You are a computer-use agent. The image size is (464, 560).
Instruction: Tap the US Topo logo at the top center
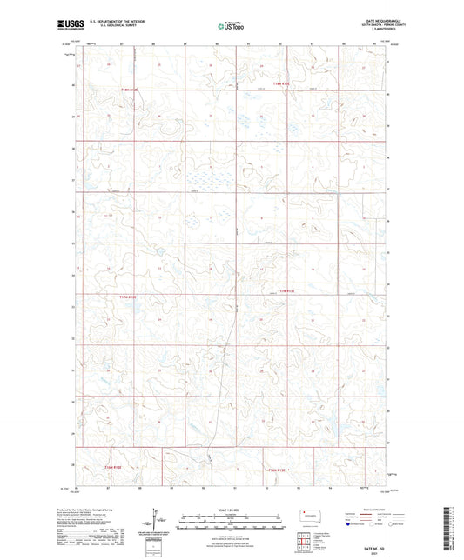pyautogui.click(x=232, y=26)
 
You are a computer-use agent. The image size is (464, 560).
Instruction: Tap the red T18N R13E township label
pyautogui.click(x=284, y=84)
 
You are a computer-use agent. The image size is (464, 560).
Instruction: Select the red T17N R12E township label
pyautogui.click(x=127, y=297)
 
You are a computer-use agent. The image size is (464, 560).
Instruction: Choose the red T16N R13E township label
pyautogui.click(x=275, y=470)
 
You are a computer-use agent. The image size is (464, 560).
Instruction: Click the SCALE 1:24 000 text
pyautogui.click(x=232, y=509)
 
